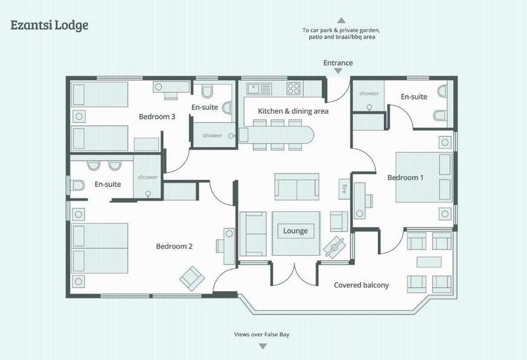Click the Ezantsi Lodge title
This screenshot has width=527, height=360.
49,25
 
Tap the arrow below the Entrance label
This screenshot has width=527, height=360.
338,71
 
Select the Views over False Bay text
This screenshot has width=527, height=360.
262,334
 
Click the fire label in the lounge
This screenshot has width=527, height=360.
344,188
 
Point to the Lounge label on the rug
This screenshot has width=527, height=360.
296,231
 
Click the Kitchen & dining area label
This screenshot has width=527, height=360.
293,111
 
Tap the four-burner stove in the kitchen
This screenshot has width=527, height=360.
293,89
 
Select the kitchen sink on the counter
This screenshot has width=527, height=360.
259,89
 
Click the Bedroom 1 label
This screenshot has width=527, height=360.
406,177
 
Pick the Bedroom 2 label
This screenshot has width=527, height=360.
174,246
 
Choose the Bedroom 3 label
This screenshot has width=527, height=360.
157,116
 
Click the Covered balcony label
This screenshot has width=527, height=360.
361,285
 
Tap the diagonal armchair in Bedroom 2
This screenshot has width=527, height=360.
192,278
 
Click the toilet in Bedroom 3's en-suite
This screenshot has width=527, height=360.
208,91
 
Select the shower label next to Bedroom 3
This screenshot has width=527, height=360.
212,136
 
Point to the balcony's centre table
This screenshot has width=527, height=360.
429,262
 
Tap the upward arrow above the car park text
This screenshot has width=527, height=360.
341,20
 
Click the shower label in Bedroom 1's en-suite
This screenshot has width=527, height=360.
369,93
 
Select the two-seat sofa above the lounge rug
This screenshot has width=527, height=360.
296,186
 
